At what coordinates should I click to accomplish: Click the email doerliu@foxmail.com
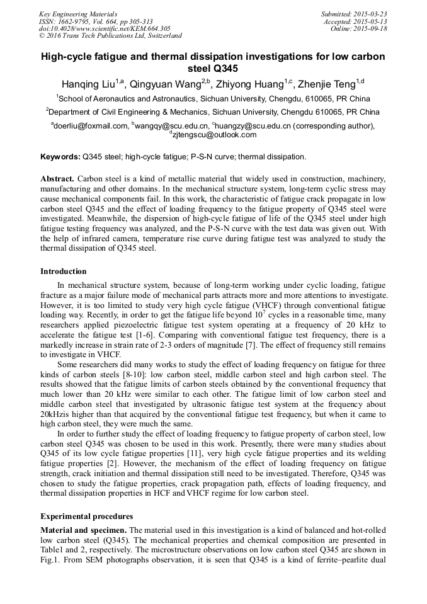[91, 126]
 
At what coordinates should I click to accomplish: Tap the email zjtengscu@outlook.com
[214, 135]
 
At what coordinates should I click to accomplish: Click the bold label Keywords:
[60, 156]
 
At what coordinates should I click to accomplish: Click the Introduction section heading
[64, 271]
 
